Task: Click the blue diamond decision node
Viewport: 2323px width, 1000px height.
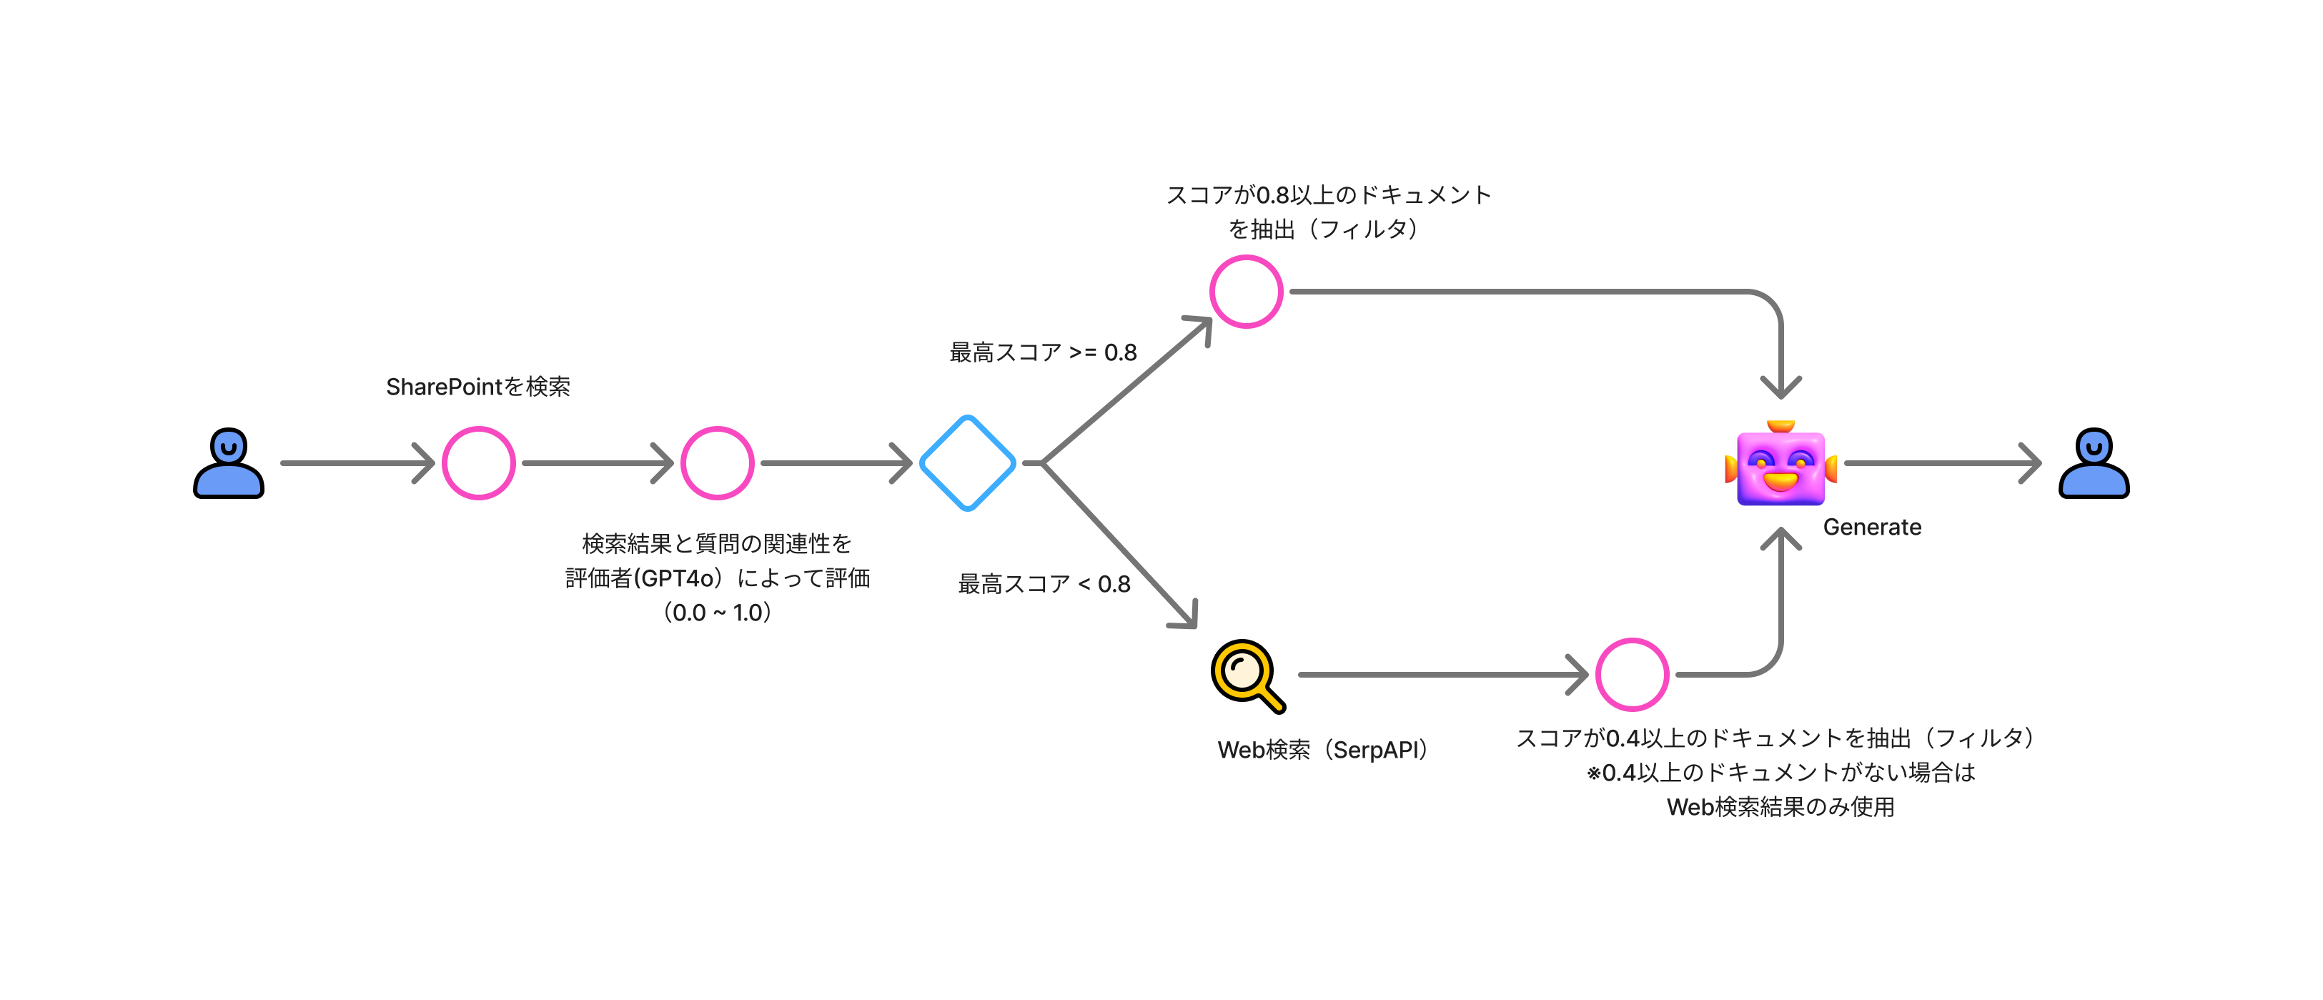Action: (x=968, y=462)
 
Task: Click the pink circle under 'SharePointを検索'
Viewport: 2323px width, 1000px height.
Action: (x=478, y=462)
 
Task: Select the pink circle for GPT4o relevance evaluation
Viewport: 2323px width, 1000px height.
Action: (x=717, y=462)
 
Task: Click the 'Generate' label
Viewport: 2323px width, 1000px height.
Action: (x=1872, y=527)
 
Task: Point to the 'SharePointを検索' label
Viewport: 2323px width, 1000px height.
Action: (x=478, y=386)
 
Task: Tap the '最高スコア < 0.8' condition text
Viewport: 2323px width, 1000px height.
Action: (x=1044, y=583)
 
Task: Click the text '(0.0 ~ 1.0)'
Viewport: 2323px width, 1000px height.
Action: (x=717, y=613)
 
